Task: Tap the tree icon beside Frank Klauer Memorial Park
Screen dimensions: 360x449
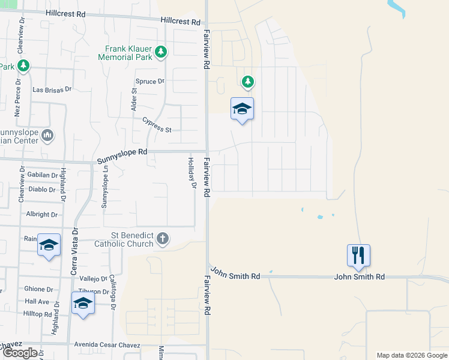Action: [x=160, y=52]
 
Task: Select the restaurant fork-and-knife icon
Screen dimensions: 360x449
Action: [x=358, y=255]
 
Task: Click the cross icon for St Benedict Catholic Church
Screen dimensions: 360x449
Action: [x=162, y=239]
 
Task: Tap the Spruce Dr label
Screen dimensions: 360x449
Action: [x=150, y=82]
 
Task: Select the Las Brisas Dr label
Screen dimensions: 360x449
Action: [x=52, y=89]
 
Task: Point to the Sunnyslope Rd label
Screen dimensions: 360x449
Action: [x=122, y=152]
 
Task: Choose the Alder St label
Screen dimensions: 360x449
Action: [x=134, y=99]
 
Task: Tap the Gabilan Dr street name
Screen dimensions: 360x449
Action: [x=42, y=175]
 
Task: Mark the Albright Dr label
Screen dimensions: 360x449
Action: [x=41, y=214]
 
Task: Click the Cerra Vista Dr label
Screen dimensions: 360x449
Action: [x=75, y=251]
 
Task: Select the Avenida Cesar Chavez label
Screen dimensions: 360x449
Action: [x=107, y=345]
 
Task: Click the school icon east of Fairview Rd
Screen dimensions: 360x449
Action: [x=242, y=109]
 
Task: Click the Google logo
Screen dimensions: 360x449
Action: [x=20, y=353]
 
